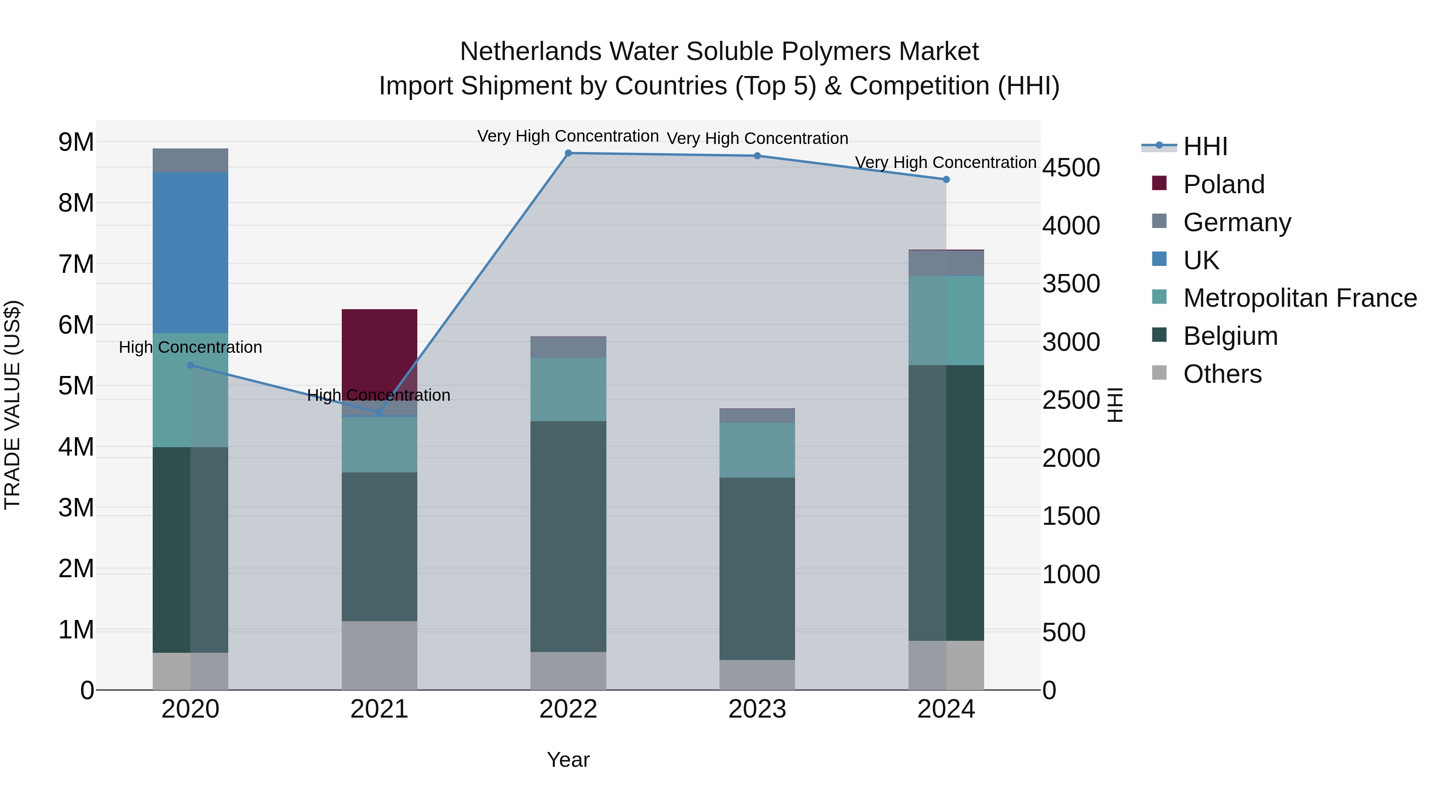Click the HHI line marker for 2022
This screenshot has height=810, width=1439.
[x=568, y=153]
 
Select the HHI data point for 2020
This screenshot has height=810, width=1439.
[x=191, y=365]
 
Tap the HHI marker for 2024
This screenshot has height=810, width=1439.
[x=946, y=180]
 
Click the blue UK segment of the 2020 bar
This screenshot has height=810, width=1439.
[x=191, y=253]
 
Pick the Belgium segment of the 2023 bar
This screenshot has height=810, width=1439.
[x=757, y=568]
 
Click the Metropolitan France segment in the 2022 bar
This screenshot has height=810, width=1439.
[x=568, y=389]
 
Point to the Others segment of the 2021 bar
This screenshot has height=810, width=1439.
[x=379, y=655]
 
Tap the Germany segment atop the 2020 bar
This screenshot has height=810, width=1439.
[x=191, y=160]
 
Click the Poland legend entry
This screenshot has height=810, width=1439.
[x=1224, y=184]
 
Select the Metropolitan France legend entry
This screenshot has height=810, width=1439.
[x=1299, y=298]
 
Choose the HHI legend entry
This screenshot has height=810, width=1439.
[x=1205, y=146]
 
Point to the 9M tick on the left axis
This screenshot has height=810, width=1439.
[x=76, y=142]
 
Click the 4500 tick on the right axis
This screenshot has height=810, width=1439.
[x=1071, y=168]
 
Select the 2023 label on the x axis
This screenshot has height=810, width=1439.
[x=757, y=709]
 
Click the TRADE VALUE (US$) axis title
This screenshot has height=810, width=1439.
[x=13, y=405]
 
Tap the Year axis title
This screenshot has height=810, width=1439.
[x=568, y=760]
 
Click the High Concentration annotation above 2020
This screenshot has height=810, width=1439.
[x=191, y=347]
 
